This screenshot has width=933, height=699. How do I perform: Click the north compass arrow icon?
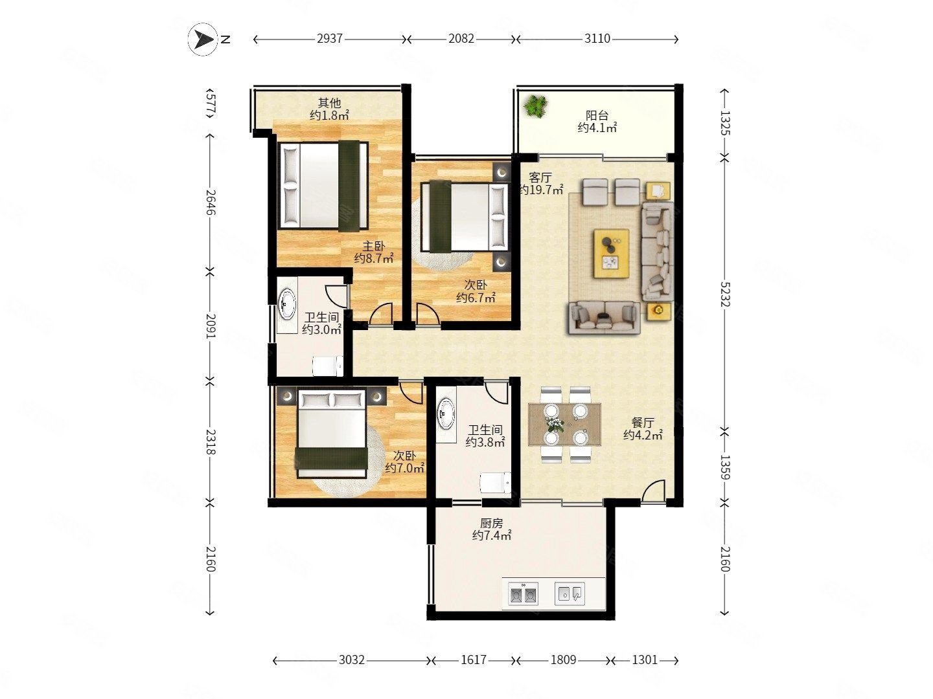[203, 39]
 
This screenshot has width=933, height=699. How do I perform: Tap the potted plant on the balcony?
[535, 106]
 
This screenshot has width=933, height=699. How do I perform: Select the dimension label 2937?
[329, 39]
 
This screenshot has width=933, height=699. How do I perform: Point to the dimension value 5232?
[725, 294]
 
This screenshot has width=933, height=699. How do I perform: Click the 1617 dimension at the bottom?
[474, 660]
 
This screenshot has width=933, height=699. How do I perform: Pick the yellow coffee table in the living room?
[611, 253]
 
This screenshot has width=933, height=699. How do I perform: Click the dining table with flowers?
[564, 425]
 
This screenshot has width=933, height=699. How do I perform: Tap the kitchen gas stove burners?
[524, 594]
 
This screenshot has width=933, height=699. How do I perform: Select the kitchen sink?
[570, 594]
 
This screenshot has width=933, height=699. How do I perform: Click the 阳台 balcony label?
[597, 115]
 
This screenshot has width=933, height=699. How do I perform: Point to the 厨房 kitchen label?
[491, 524]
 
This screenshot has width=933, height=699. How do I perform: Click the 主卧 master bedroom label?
[374, 246]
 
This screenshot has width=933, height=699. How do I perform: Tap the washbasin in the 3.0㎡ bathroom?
[286, 304]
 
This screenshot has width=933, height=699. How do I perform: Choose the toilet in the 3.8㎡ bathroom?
[495, 483]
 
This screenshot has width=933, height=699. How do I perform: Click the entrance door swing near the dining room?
[653, 492]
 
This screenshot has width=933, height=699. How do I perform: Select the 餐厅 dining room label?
[643, 422]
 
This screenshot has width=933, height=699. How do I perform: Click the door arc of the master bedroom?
[381, 314]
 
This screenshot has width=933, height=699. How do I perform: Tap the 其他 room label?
[329, 103]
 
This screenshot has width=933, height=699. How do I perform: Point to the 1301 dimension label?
[645, 660]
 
